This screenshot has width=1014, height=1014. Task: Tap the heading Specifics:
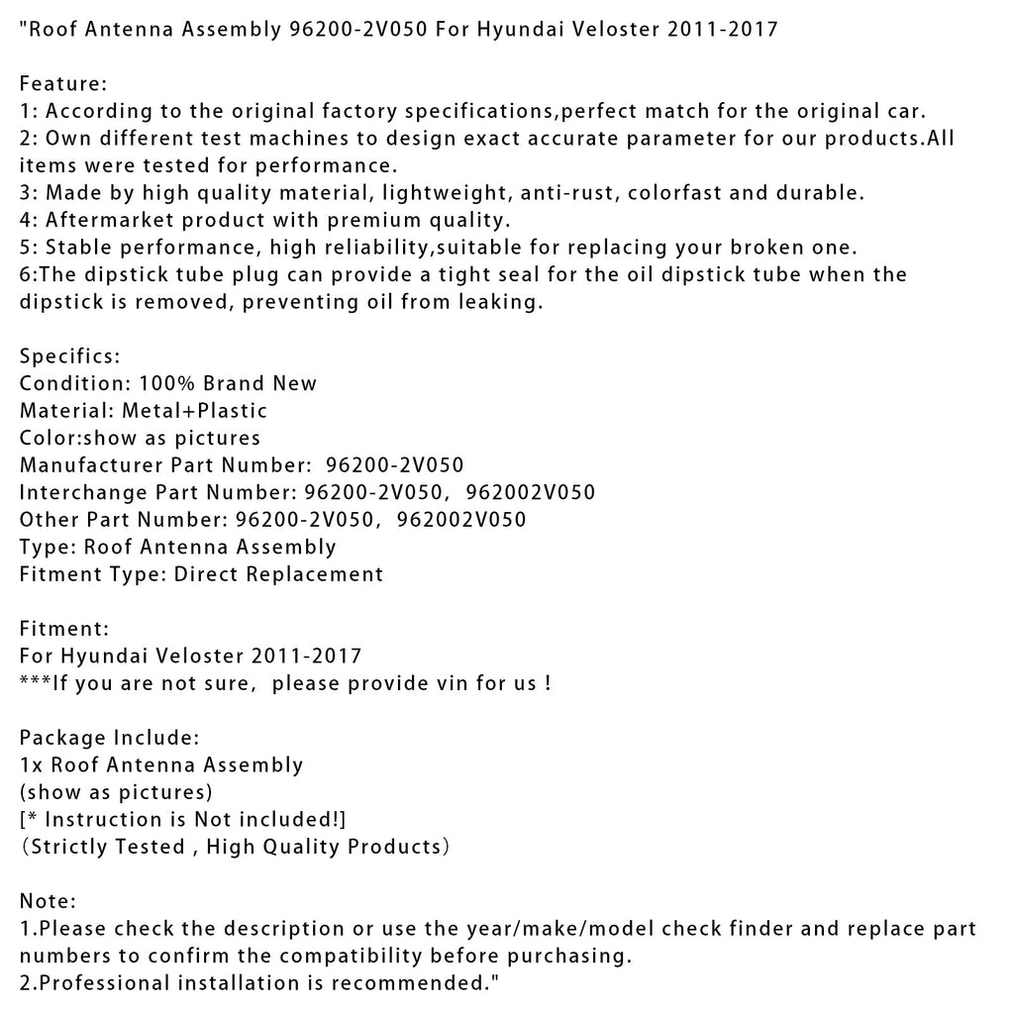[68, 355]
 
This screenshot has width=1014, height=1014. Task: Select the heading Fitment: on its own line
[64, 628]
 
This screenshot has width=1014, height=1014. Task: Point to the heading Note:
[48, 901]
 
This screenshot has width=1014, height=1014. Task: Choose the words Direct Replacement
[279, 573]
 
